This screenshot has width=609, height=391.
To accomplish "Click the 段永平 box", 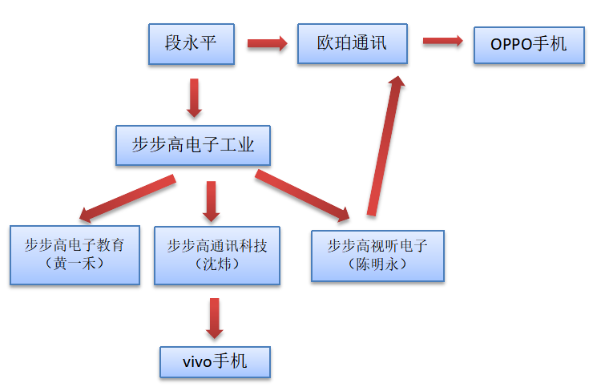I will point(191,43).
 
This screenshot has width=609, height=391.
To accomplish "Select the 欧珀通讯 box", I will point(353,43).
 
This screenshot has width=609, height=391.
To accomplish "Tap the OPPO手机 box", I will point(528,45).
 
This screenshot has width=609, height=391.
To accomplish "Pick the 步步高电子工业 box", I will point(192,145).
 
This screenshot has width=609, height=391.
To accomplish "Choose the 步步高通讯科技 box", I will point(217,254).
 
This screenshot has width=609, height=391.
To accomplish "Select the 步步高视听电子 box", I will point(377,256).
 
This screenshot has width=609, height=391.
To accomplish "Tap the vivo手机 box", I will point(215,362).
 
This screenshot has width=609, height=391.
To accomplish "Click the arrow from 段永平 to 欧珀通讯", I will point(267,43).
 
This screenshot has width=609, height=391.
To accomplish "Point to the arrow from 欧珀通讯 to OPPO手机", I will point(442,41).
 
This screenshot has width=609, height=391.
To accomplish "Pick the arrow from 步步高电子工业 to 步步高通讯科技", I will point(211,201).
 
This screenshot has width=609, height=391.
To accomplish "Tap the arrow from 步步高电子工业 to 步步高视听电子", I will point(303,195).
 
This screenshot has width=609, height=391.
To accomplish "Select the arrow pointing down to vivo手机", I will point(213,318).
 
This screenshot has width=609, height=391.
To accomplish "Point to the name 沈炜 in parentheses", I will point(217,264).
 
